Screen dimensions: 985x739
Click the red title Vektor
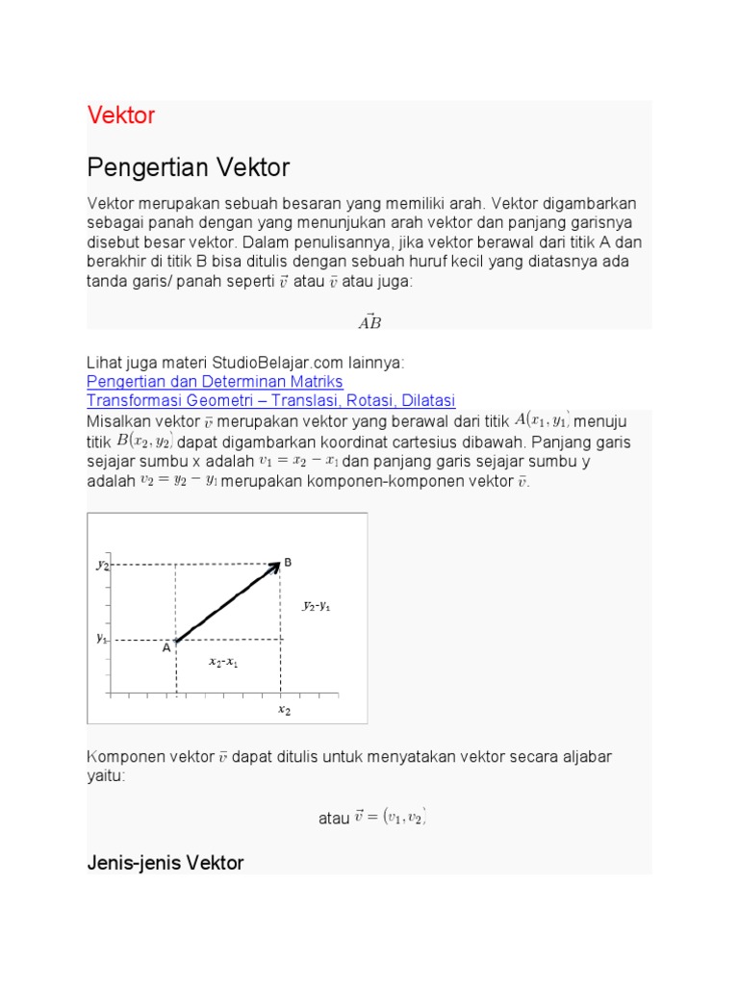click(121, 115)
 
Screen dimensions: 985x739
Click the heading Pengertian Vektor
click(189, 168)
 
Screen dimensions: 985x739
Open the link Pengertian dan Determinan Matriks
click(215, 382)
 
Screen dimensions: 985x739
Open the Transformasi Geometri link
click(270, 400)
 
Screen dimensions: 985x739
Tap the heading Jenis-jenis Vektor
click(166, 863)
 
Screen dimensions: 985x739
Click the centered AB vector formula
click(369, 322)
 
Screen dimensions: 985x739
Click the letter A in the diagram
click(166, 648)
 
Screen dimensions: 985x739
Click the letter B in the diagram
click(288, 563)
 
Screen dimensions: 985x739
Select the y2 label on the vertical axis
click(102, 566)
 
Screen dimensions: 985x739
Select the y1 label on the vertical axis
click(102, 638)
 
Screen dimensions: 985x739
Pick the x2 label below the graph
click(285, 710)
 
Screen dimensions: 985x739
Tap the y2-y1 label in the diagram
click(317, 606)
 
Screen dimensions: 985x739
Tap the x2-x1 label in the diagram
click(223, 663)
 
